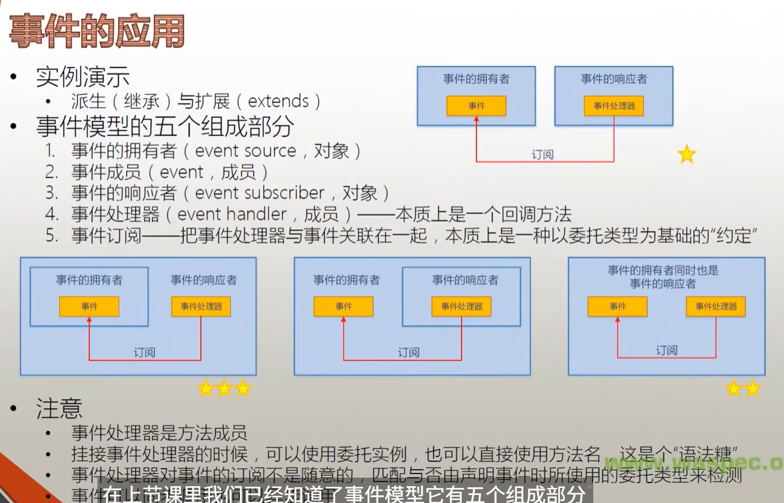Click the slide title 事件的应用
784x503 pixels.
tap(97, 31)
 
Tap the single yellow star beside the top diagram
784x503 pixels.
tap(687, 154)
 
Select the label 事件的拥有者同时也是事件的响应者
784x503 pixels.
tap(663, 277)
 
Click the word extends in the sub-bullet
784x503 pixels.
tap(278, 101)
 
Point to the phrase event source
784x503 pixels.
tap(245, 151)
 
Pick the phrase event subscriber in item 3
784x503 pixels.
tap(260, 193)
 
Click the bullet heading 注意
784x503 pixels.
tap(59, 409)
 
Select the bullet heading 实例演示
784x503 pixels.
tap(82, 77)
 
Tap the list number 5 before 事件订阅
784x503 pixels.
tap(52, 236)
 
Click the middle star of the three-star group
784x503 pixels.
tap(224, 388)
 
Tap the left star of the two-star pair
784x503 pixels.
tap(733, 388)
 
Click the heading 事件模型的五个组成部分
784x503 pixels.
tap(165, 126)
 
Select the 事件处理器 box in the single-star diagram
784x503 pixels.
tap(614, 106)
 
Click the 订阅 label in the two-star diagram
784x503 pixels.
tap(666, 351)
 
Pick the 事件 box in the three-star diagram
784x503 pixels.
tap(89, 307)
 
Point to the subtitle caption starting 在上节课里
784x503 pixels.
tap(345, 494)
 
